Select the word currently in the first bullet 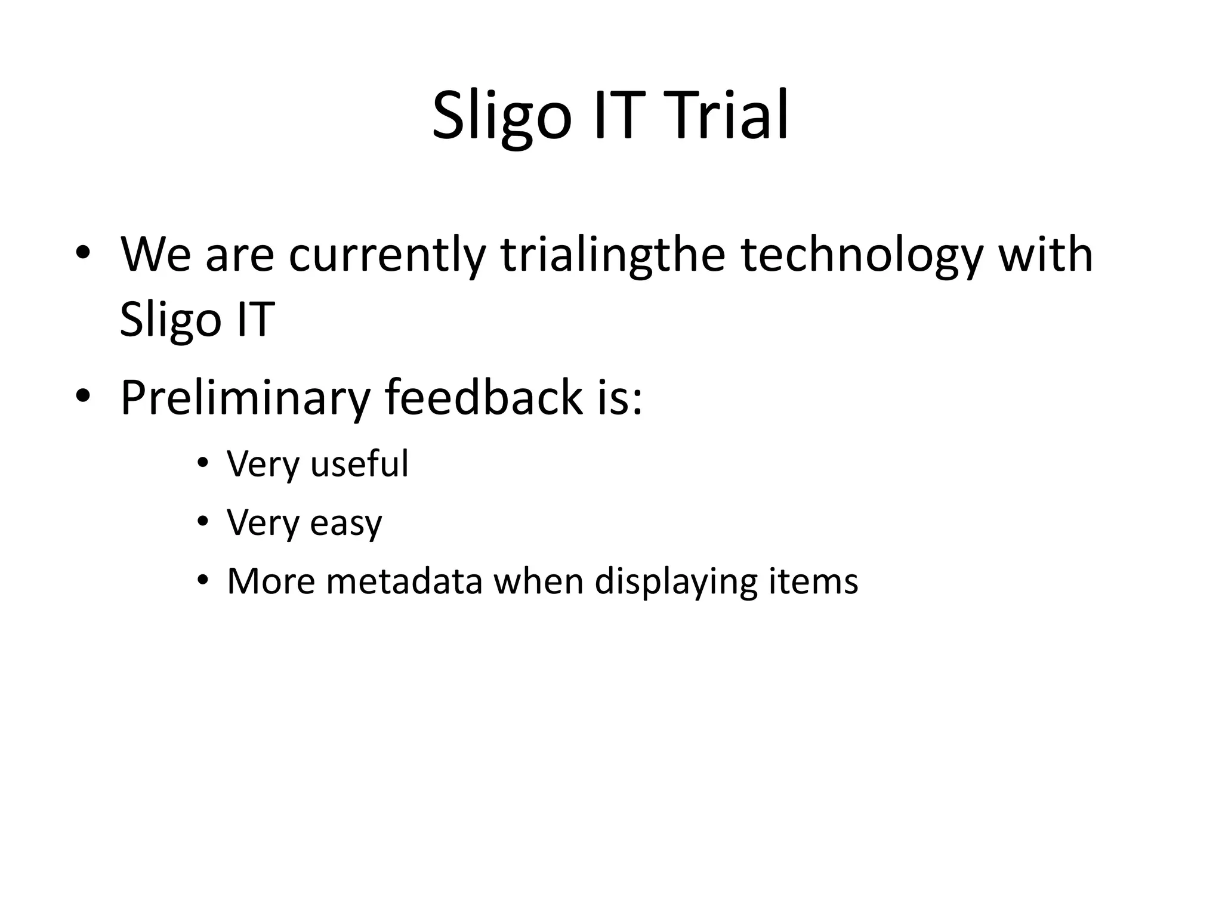point(387,255)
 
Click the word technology point(861,255)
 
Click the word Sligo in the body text point(171,320)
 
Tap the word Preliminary point(245,398)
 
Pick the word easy point(346,524)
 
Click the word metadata point(404,581)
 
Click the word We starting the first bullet point(155,255)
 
